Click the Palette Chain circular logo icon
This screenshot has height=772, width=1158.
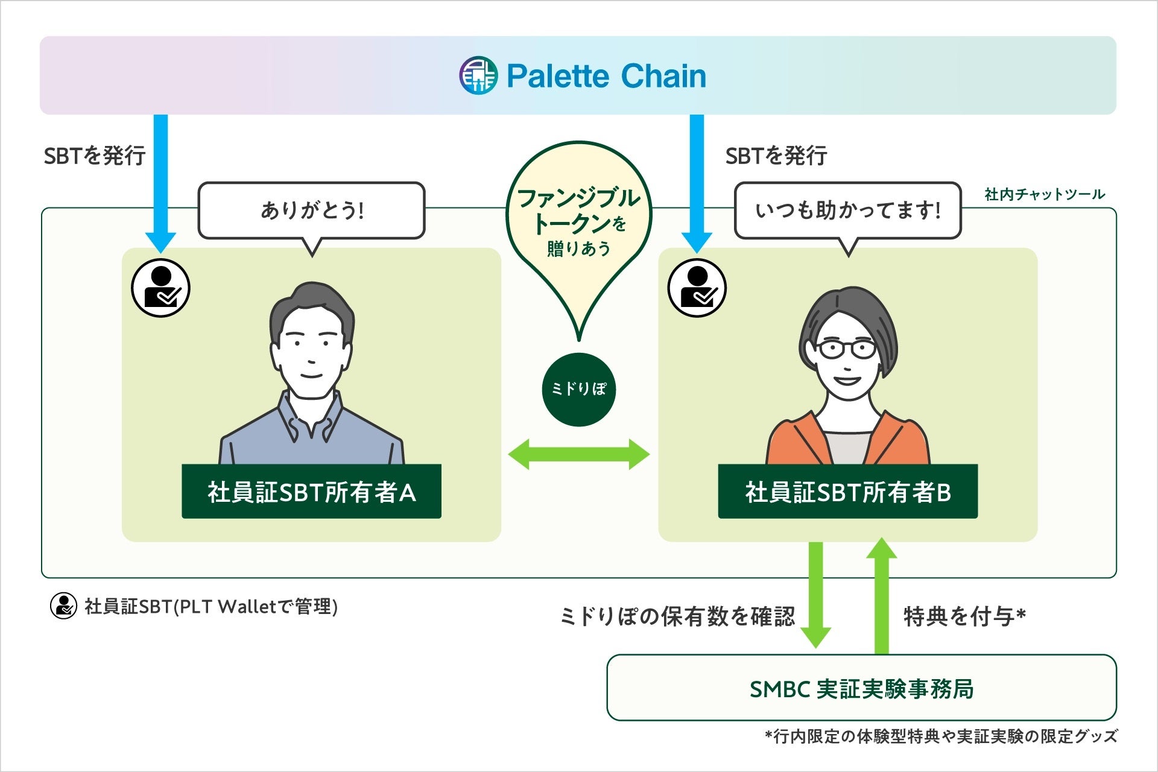click(x=478, y=75)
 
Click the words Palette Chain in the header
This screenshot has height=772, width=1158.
click(x=606, y=76)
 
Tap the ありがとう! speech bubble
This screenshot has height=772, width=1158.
click(x=312, y=210)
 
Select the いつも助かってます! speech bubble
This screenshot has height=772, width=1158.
click(x=847, y=210)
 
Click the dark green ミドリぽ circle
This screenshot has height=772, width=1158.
click(x=579, y=390)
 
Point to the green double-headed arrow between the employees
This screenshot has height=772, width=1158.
click(x=579, y=454)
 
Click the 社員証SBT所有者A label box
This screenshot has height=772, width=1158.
click(x=311, y=492)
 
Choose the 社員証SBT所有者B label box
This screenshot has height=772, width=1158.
click(x=847, y=492)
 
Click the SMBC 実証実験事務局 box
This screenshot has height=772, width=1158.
click(x=861, y=688)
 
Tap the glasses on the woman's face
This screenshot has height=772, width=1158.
click(x=846, y=349)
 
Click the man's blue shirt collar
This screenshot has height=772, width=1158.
click(x=311, y=416)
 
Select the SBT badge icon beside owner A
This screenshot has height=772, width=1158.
click(x=160, y=288)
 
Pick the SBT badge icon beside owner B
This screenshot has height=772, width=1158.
click(x=697, y=288)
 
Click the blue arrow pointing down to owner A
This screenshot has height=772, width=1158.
click(x=160, y=181)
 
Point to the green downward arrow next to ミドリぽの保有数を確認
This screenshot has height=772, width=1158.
click(x=815, y=594)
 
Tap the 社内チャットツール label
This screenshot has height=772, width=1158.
click(x=1045, y=194)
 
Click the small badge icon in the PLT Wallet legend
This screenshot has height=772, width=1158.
click(x=63, y=606)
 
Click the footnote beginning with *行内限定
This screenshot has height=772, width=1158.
click(x=941, y=736)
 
